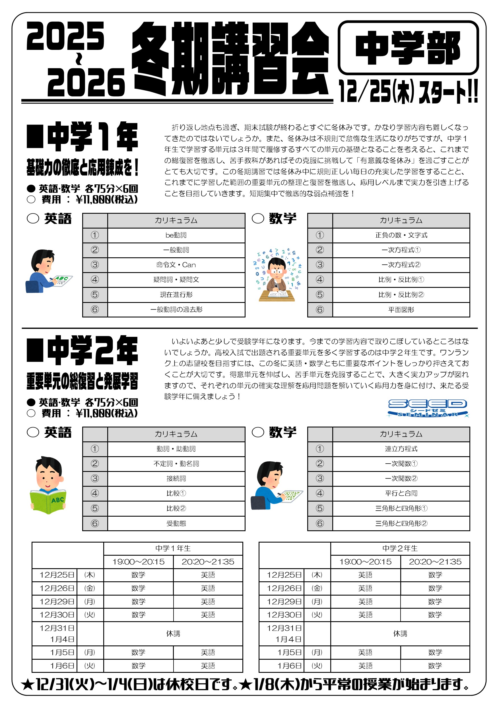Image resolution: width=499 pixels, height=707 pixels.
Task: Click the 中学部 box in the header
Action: [408, 48]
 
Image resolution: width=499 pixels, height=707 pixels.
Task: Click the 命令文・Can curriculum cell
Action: [176, 265]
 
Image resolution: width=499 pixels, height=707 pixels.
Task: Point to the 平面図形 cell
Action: [401, 309]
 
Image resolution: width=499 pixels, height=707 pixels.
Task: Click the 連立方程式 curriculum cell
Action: [401, 449]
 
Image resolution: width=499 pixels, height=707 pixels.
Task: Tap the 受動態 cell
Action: [176, 523]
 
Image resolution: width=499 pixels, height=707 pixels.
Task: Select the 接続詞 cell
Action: [176, 478]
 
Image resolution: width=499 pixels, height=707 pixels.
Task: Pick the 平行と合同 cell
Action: [401, 493]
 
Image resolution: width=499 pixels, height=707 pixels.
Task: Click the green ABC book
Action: [48, 501]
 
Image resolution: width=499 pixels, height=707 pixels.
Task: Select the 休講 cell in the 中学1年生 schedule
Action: [173, 634]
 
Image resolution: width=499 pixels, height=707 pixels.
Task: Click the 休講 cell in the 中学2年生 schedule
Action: [400, 634]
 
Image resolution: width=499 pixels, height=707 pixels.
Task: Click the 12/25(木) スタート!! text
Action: [408, 91]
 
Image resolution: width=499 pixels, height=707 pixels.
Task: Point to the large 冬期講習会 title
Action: [231, 58]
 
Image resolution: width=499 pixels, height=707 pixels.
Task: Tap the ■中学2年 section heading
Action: [83, 350]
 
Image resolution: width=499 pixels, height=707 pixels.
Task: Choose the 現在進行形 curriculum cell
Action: [176, 295]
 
